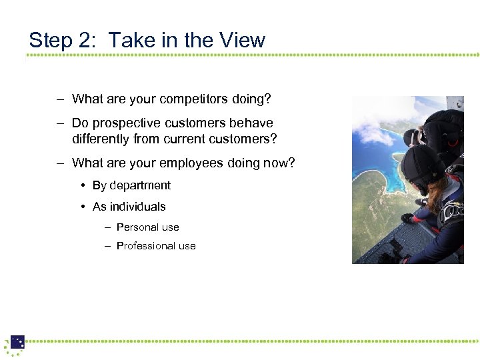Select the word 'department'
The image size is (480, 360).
click(x=140, y=185)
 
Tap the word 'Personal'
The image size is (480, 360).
click(x=138, y=227)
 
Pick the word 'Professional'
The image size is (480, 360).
click(x=146, y=246)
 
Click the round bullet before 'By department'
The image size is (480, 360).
click(x=85, y=185)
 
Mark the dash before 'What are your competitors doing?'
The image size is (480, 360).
click(x=60, y=99)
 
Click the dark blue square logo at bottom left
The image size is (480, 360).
click(x=17, y=342)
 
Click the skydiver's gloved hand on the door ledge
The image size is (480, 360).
click(x=407, y=218)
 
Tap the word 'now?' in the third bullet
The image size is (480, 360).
click(x=281, y=163)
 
